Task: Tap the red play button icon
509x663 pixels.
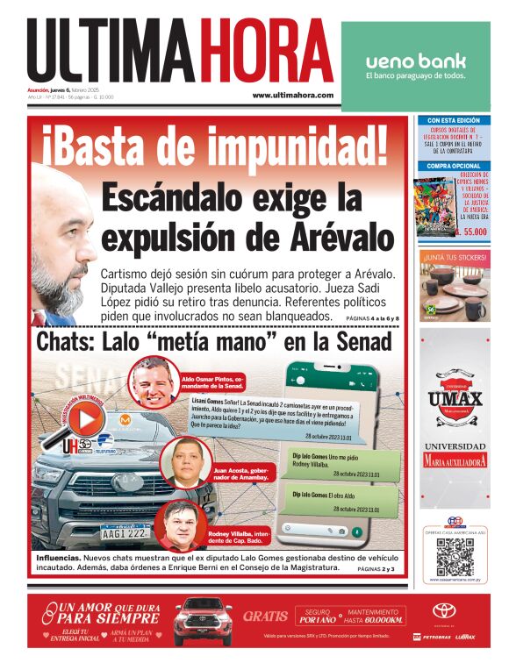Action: tap(86, 420)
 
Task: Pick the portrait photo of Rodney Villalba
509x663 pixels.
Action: tap(177, 522)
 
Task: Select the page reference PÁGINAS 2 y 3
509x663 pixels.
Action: tap(376, 569)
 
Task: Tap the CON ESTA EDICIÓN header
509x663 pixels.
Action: tap(454, 120)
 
